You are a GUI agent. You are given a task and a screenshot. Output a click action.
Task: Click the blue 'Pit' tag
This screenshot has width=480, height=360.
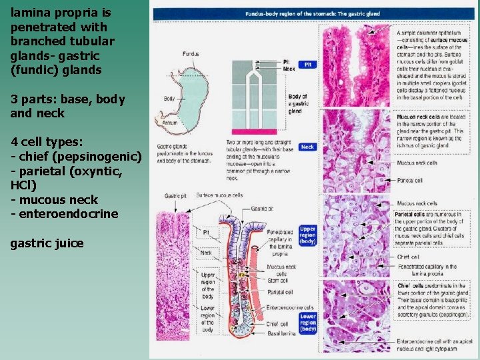tap(307, 65)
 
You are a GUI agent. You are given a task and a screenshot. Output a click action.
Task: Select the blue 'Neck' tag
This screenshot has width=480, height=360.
tap(307, 147)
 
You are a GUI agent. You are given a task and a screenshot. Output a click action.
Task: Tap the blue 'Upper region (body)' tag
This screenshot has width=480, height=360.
tap(307, 235)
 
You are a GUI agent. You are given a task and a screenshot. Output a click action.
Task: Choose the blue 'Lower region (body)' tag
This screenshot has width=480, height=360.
tap(307, 323)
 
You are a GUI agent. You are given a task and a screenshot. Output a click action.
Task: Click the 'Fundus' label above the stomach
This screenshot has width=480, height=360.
tap(191, 53)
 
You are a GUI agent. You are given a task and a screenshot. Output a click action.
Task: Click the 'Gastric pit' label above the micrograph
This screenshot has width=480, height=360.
tap(175, 196)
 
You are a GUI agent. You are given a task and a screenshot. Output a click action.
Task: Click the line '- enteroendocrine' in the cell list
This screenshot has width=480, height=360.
tap(65, 213)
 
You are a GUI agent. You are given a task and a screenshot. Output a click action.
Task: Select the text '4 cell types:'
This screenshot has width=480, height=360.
tap(47, 142)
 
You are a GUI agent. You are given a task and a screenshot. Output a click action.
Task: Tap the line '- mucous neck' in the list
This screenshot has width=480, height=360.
tap(54, 199)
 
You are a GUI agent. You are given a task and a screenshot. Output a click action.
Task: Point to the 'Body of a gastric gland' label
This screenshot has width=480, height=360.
tap(297, 103)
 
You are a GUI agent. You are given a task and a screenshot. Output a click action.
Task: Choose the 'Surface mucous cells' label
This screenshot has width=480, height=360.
tap(219, 195)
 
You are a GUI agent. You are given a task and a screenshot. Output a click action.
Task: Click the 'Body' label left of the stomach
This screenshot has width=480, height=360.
tap(169, 99)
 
